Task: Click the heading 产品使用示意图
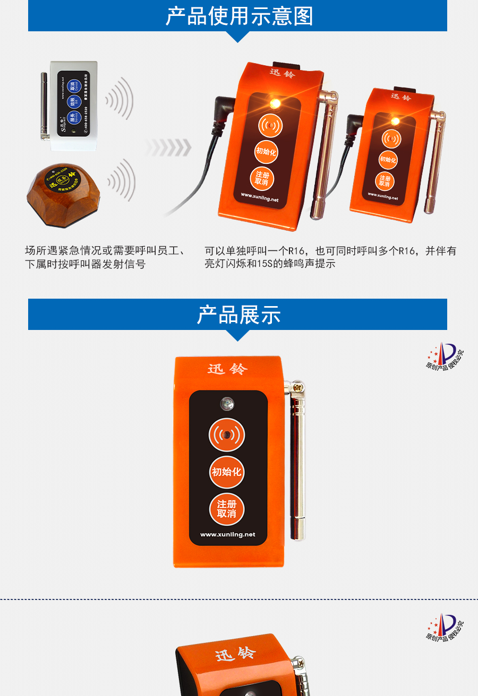pos(238,16)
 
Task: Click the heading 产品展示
pos(238,315)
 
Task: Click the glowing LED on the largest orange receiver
pos(274,103)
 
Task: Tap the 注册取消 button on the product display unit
pos(227,509)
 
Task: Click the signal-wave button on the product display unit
pos(227,435)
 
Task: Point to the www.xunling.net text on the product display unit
pos(227,534)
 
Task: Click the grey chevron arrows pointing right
pos(169,148)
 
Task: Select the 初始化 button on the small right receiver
pos(388,159)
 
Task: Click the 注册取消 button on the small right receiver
pos(385,181)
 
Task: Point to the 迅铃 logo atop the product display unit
pos(227,369)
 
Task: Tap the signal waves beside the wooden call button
pos(122,180)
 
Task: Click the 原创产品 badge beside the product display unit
pos(445,357)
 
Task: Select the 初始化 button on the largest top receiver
pos(266,152)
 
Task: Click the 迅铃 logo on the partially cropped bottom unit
pos(235,654)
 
